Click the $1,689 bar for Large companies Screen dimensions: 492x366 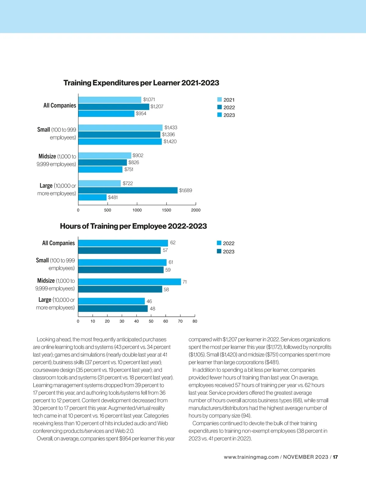(128, 190)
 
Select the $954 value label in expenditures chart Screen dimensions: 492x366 (141, 113)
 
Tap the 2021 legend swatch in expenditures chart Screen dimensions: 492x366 (220, 99)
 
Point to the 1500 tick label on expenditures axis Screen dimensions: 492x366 (167, 210)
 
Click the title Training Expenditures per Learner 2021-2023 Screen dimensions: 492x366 (141, 83)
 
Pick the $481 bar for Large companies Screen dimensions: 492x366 (92, 197)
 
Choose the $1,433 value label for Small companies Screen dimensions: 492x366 (171, 127)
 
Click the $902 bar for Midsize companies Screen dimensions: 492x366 (105, 156)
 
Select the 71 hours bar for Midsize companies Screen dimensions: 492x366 (129, 282)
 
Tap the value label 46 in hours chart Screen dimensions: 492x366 (149, 301)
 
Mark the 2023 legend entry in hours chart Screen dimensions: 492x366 (225, 252)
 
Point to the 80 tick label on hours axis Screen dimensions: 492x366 (195, 321)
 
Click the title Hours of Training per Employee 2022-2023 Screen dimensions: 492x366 (133, 226)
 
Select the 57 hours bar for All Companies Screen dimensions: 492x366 (119, 250)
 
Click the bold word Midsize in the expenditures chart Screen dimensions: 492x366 (47, 156)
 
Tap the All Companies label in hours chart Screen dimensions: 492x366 (58, 243)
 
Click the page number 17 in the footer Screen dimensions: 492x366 (335, 457)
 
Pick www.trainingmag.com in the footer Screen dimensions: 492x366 (251, 457)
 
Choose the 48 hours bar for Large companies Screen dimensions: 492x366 (113, 308)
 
